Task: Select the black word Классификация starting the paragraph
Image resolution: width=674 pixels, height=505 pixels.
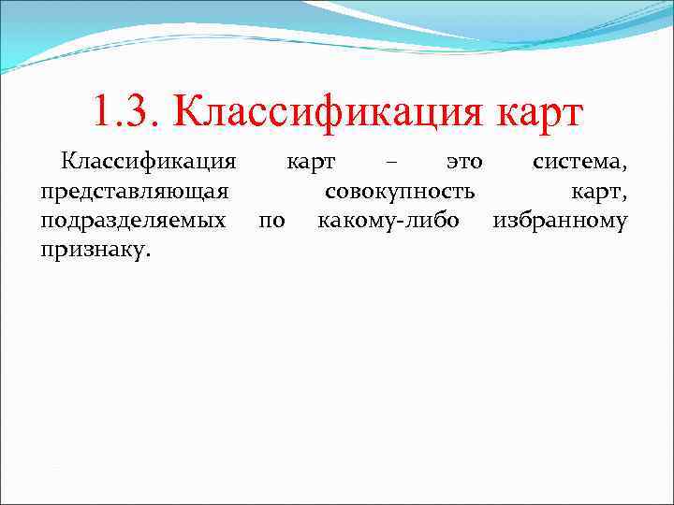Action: (x=148, y=163)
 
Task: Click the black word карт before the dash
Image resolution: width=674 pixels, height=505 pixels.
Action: (x=311, y=163)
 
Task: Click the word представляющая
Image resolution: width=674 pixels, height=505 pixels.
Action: (x=135, y=193)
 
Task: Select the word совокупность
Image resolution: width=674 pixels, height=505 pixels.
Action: (x=400, y=192)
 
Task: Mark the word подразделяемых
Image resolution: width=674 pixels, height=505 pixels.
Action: (x=133, y=223)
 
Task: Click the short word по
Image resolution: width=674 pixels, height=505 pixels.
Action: (x=271, y=223)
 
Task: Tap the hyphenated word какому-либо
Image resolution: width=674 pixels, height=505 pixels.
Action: (x=395, y=223)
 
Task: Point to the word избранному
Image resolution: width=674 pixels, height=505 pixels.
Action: (x=560, y=223)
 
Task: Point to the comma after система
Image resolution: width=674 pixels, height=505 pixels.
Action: (x=625, y=169)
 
